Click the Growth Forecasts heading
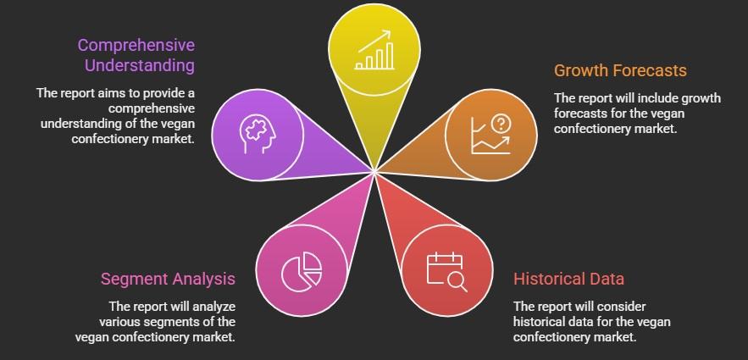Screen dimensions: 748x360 620,70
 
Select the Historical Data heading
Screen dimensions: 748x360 568,279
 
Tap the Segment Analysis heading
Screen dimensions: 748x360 168,279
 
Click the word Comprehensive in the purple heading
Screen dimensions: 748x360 136,45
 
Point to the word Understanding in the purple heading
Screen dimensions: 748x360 140,65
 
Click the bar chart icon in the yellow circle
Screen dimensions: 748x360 374,50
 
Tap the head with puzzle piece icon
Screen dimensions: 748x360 258,135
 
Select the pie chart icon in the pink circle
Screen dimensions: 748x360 302,271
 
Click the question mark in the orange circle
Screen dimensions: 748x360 501,125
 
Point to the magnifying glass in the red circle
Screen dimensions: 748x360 457,282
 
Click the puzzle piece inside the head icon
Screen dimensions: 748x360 255,129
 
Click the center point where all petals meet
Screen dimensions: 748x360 374,171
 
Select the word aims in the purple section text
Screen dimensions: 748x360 111,93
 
